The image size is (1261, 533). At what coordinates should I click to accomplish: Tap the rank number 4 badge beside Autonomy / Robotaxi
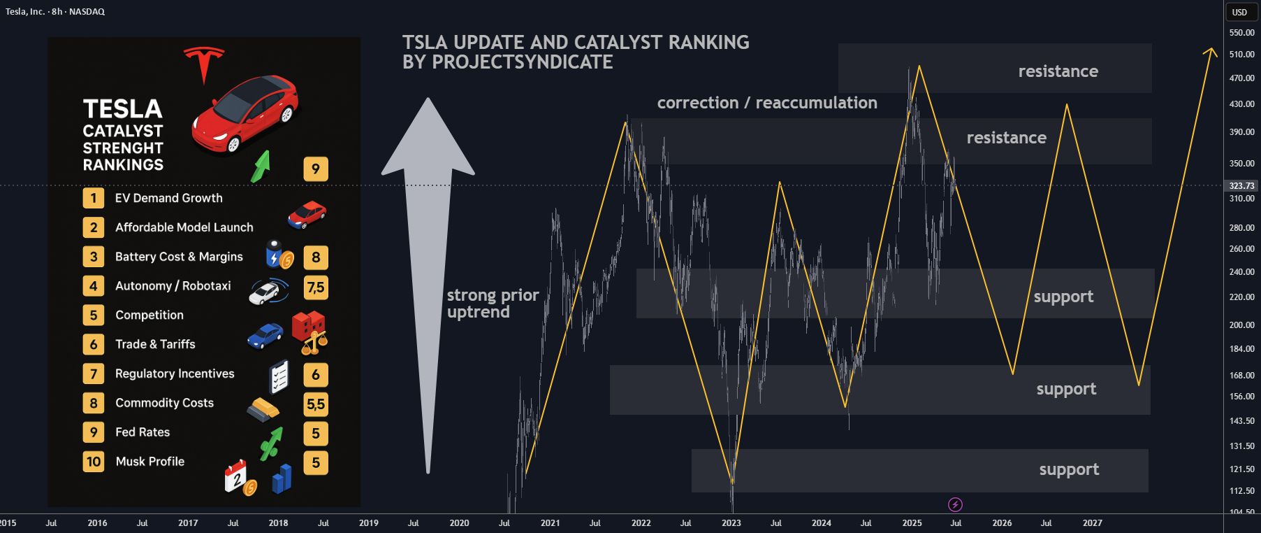94,286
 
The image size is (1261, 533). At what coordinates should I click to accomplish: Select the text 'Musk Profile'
150,462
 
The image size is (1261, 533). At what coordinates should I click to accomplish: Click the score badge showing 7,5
316,287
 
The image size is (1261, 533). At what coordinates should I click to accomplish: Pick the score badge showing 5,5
316,404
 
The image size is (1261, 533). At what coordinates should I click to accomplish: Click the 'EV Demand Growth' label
169,198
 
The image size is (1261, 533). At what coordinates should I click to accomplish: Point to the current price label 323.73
1241,185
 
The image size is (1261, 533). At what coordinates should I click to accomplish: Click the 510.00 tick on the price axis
1241,54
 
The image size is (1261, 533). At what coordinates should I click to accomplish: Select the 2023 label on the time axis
731,523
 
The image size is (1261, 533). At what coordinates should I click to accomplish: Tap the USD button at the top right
1239,12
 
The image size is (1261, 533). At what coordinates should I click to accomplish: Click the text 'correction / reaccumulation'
767,103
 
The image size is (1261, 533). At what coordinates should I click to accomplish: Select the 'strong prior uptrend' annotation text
493,304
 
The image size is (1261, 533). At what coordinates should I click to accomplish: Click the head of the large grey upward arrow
428,136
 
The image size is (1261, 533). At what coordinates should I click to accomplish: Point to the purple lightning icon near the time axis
955,504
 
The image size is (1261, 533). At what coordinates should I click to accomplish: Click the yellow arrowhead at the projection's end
1210,52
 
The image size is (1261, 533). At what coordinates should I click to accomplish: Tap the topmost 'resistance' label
1058,71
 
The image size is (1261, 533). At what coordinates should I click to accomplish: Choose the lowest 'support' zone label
1069,469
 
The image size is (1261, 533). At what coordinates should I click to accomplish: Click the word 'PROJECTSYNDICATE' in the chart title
523,62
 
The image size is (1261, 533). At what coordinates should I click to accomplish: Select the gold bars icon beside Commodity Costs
263,409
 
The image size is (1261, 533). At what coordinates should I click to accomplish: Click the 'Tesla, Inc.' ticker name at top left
25,11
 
